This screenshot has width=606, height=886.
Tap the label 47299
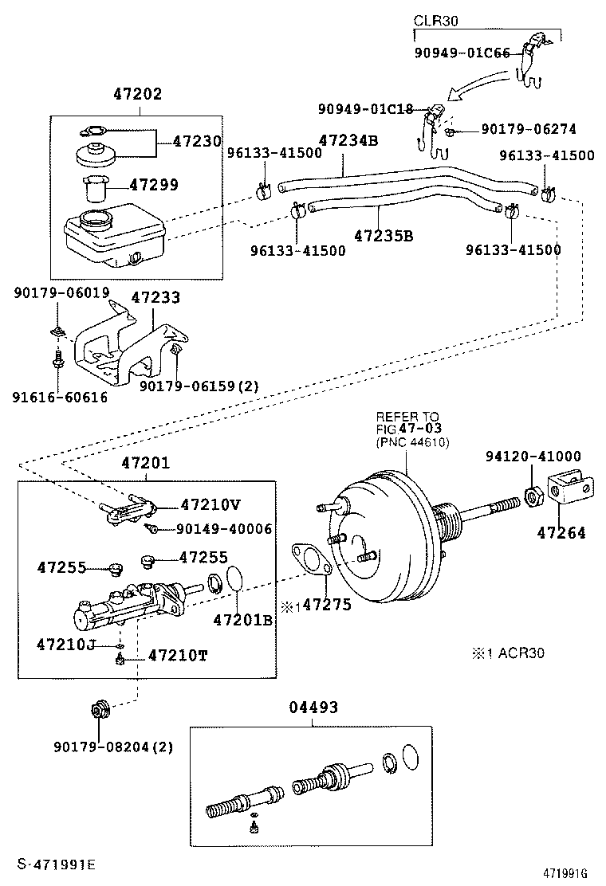153,185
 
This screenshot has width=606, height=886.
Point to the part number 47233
155,297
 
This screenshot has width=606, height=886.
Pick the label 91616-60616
60,397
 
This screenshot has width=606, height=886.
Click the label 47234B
348,141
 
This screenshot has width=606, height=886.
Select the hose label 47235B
384,236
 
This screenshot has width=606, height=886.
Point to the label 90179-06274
528,128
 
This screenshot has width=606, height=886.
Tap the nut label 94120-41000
533,456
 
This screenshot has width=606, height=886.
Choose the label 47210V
210,504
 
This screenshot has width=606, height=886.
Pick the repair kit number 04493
313,707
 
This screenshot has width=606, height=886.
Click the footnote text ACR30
517,653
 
